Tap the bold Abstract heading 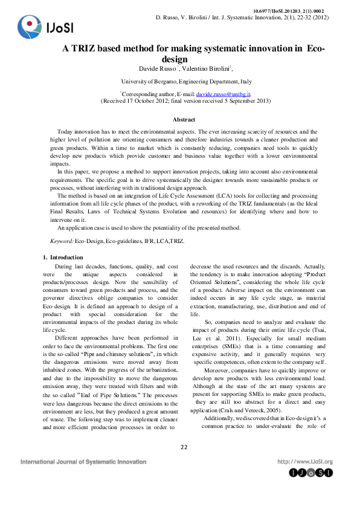(x=184, y=120)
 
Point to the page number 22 (x=184, y=447)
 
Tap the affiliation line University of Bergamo (x=187, y=81)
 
